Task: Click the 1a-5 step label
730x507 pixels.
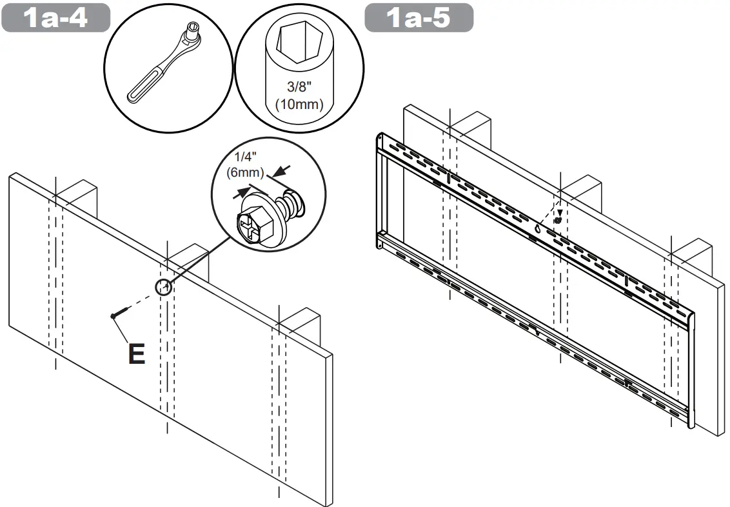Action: (419, 17)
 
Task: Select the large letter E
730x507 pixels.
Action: (136, 354)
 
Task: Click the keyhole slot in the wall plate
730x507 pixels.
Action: (538, 229)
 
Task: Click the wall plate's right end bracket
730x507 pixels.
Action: (691, 368)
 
